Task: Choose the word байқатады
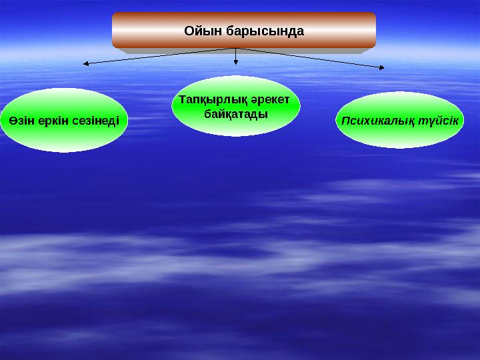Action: [x=236, y=114]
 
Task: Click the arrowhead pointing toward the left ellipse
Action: [x=85, y=64]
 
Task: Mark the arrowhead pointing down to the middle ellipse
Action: [x=236, y=63]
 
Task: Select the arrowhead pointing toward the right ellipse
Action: [x=382, y=67]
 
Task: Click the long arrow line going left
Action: [x=160, y=56]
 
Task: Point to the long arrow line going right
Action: [x=310, y=57]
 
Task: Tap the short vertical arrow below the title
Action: [x=236, y=56]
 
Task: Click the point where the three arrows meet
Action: [x=236, y=48]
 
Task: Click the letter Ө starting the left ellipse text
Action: [x=13, y=121]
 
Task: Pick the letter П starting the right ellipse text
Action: [x=345, y=121]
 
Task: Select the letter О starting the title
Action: [x=189, y=31]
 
